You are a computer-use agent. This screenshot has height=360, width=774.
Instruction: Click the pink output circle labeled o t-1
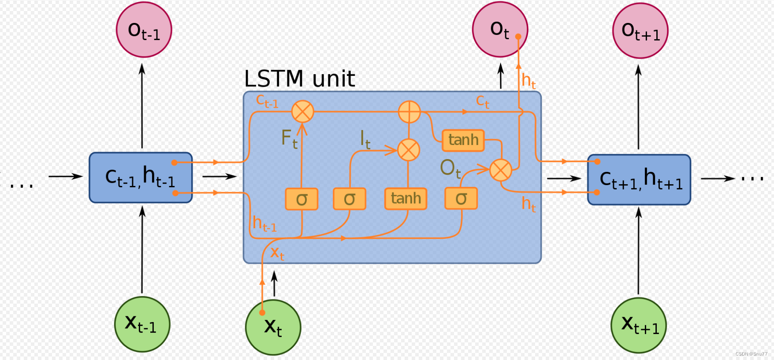point(144,30)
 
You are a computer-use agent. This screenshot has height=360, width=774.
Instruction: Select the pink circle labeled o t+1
point(640,30)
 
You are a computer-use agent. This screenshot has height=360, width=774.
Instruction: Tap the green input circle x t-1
point(142,324)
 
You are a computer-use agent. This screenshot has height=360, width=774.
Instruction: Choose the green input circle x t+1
point(639,325)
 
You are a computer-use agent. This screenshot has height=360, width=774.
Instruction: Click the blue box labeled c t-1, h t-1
point(141,178)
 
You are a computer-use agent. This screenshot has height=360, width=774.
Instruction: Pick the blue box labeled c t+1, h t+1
point(639,179)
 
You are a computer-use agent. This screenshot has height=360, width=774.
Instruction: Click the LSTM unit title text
point(299,79)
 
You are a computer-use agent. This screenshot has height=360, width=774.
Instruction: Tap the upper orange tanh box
point(463,140)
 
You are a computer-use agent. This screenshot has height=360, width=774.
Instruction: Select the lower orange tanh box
point(406,198)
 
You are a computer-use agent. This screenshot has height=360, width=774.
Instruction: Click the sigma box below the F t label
point(301,199)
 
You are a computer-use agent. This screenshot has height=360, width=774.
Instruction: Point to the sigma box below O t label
point(461,198)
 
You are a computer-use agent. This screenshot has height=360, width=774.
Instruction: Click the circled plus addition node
point(409,111)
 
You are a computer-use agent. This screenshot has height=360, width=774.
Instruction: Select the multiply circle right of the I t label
point(409,150)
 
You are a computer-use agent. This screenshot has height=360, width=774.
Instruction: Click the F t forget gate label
point(289,139)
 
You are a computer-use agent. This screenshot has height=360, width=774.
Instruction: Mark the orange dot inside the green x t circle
point(262,312)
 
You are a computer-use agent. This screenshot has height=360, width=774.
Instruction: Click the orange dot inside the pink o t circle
point(518,37)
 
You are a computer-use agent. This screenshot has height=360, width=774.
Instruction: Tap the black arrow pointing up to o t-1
point(142,106)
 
